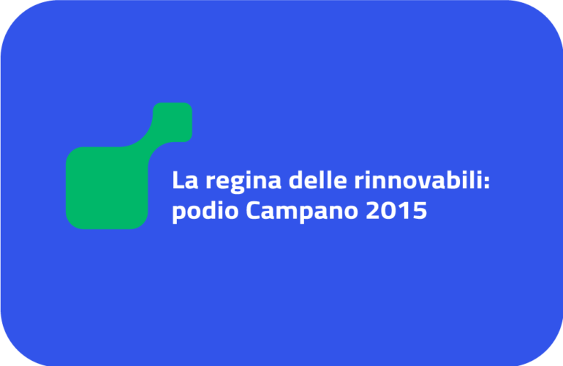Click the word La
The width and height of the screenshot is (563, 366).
[x=185, y=180]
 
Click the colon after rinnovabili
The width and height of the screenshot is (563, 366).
[x=486, y=182]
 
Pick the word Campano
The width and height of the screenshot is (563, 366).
[x=301, y=212]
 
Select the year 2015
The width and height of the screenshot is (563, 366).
[x=396, y=210]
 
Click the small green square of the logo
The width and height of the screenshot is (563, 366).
[x=173, y=122]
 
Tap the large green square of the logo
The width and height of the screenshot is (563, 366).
[x=107, y=187]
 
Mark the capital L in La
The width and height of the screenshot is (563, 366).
[x=178, y=180]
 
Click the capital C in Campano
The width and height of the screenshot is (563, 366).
[x=254, y=210]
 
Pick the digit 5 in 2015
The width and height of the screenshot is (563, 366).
[x=420, y=210]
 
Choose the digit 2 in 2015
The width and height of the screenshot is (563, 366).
[x=373, y=210]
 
